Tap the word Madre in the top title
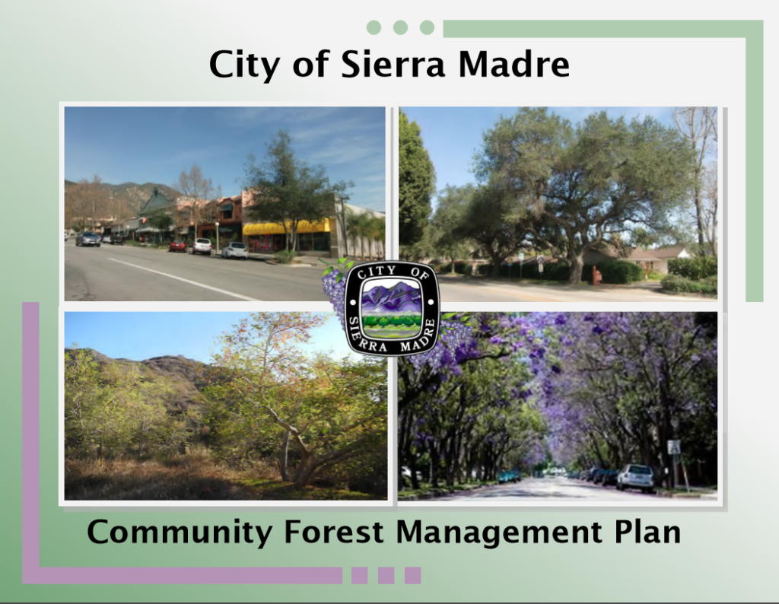click(x=514, y=64)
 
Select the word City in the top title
click(x=244, y=65)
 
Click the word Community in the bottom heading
click(x=180, y=532)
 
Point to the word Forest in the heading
click(x=334, y=532)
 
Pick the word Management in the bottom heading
click(x=499, y=532)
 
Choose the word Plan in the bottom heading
click(x=647, y=532)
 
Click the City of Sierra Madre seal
click(x=392, y=308)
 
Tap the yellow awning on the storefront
click(x=286, y=227)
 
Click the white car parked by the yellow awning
click(x=234, y=250)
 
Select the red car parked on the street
click(x=178, y=246)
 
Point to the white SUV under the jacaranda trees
click(x=635, y=477)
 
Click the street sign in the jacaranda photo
click(x=674, y=447)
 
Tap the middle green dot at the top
click(x=400, y=27)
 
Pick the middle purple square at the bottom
click(x=386, y=575)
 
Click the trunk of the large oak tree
click(x=577, y=265)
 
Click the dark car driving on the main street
click(x=88, y=240)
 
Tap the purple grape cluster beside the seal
click(x=334, y=288)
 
